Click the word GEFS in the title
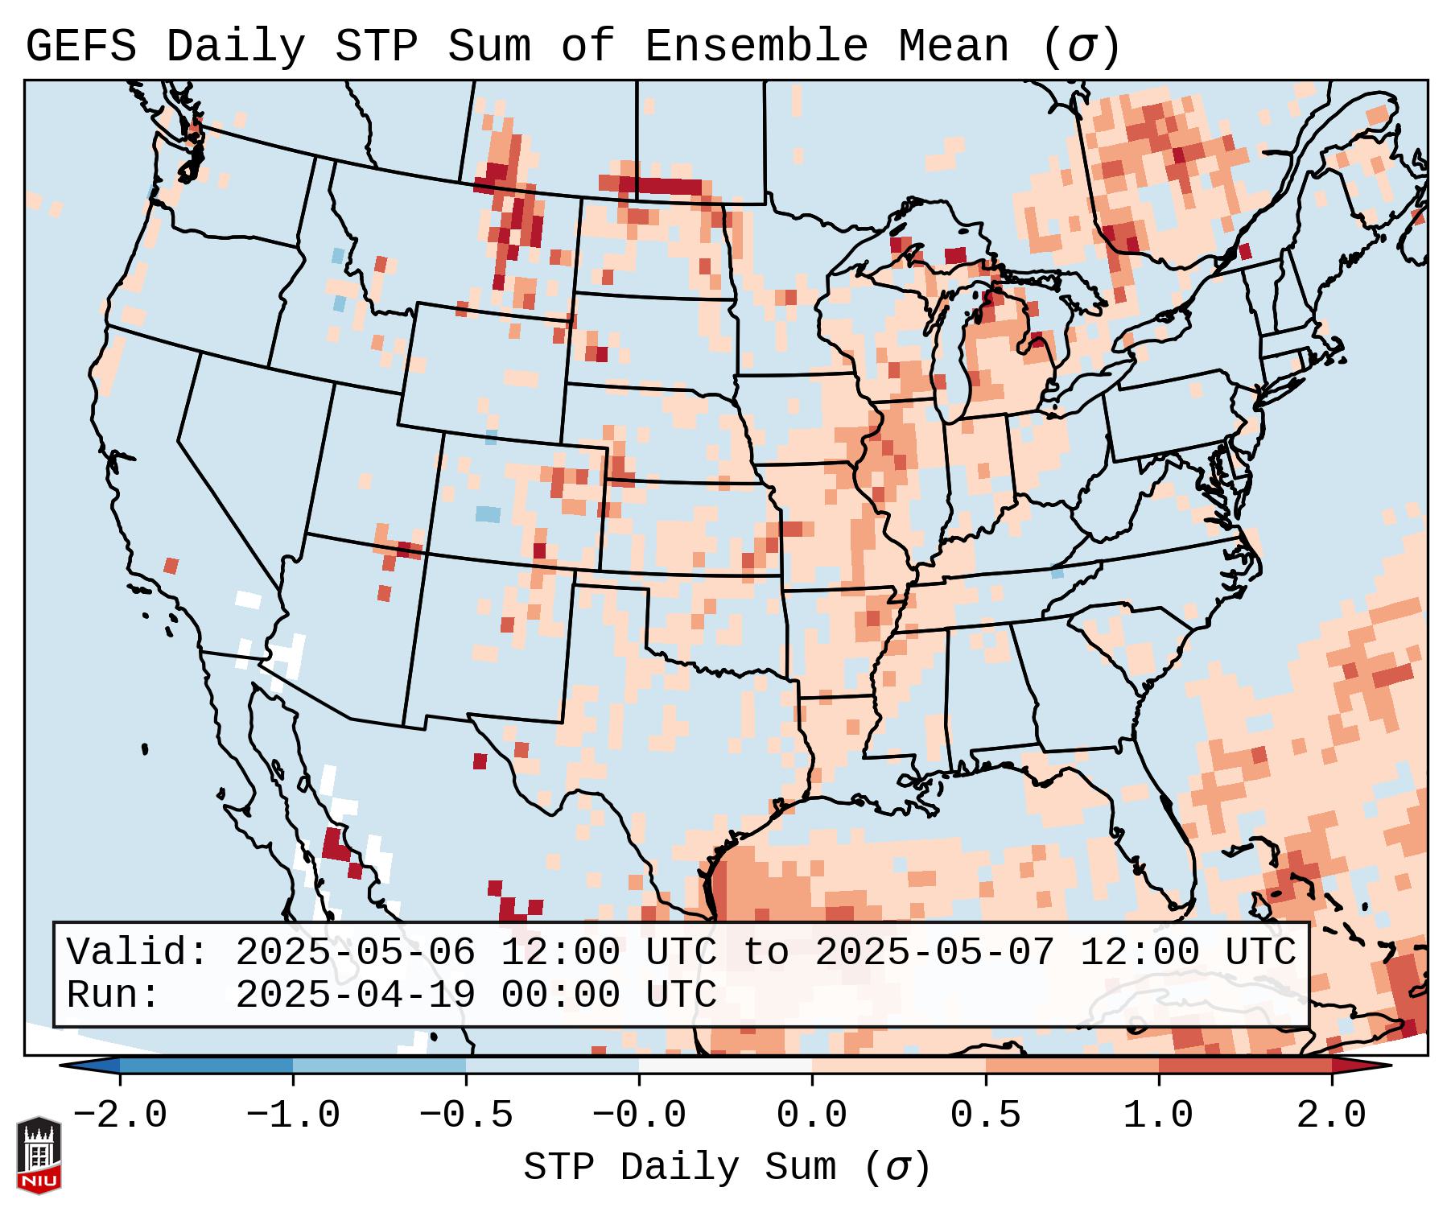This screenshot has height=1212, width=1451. click(x=80, y=47)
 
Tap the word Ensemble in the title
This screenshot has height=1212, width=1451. click(x=756, y=47)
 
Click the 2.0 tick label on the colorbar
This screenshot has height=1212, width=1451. click(x=1331, y=1115)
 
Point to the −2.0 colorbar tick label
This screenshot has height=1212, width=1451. click(x=120, y=1115)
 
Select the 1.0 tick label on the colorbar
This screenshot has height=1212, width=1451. click(x=1158, y=1115)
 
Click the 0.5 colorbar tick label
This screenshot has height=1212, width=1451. click(x=985, y=1115)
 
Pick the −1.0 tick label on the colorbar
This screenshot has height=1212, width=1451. click(x=293, y=1115)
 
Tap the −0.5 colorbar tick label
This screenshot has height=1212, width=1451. click(x=466, y=1115)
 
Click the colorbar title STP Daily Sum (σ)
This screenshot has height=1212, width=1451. click(x=727, y=1167)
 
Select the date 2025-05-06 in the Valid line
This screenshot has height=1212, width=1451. click(x=355, y=952)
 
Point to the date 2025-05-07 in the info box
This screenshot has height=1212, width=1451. click(x=934, y=952)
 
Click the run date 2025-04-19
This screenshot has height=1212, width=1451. click(x=355, y=995)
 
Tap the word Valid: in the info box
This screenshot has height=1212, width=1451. click(x=137, y=952)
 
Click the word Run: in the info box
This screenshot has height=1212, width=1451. click(x=113, y=995)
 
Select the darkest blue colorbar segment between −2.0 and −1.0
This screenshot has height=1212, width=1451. click(x=206, y=1066)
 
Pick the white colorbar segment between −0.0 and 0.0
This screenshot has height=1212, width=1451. click(x=725, y=1066)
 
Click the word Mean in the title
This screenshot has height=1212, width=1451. click(x=954, y=47)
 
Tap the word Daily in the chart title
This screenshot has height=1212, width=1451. click(x=236, y=47)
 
